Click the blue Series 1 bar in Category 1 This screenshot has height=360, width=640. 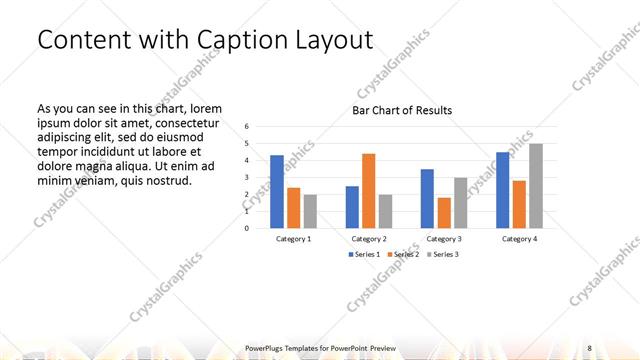point(277,191)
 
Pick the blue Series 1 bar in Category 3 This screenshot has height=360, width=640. point(427,198)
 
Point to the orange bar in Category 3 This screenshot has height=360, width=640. point(444,212)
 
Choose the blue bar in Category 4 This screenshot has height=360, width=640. point(502,189)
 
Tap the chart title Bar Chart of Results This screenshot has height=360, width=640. point(402,110)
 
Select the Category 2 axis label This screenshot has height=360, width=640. point(369,239)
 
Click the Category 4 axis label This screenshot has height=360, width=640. point(519,239)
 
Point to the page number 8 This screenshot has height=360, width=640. point(589,347)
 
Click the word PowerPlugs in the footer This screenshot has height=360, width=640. point(269,347)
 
